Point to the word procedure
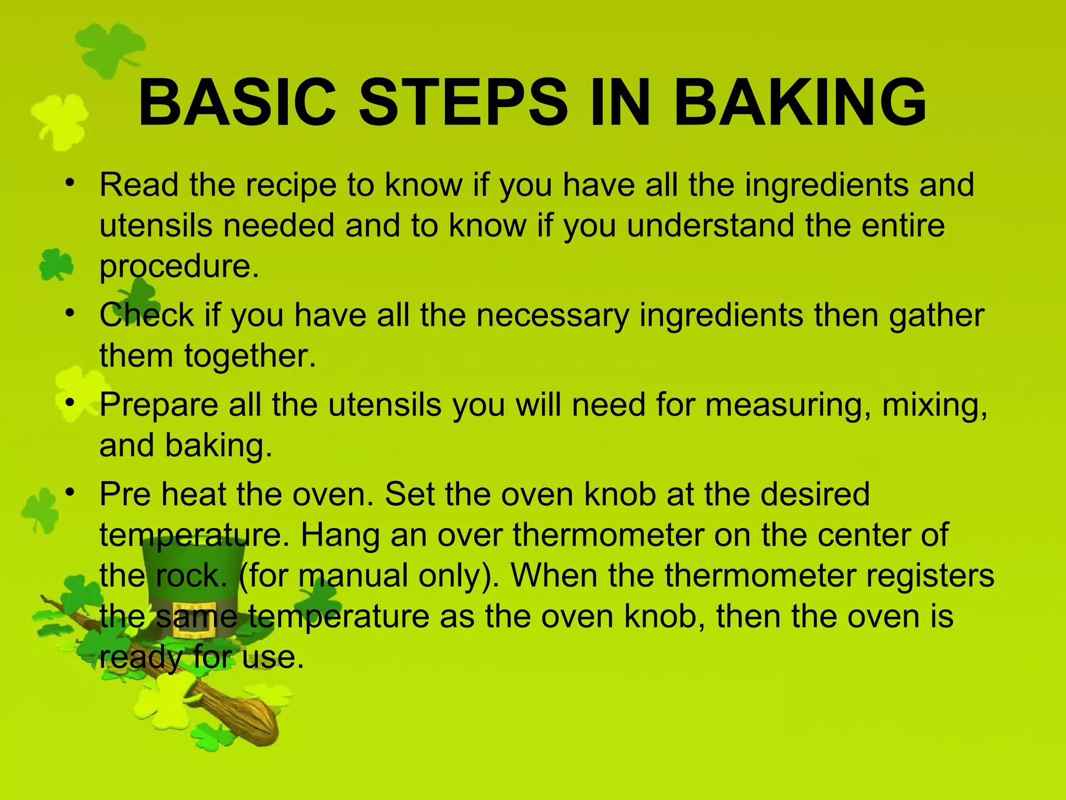pos(179,267)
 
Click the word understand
pos(710,226)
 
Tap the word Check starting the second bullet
pos(147,316)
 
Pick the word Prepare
pos(159,405)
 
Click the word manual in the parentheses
pos(353,576)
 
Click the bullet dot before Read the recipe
pos(71,183)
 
